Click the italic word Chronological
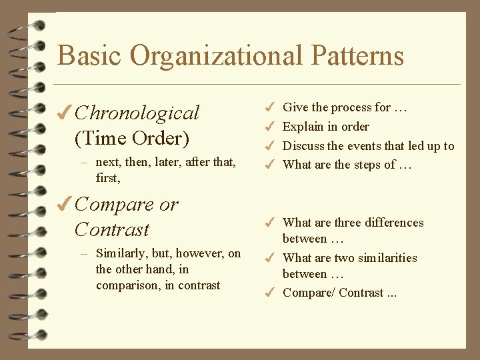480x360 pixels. pyautogui.click(x=137, y=113)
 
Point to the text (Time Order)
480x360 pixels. pyautogui.click(x=132, y=139)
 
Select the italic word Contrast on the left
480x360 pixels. pyautogui.click(x=112, y=229)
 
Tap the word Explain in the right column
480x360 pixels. pyautogui.click(x=303, y=127)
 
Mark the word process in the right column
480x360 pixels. pyautogui.click(x=352, y=107)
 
